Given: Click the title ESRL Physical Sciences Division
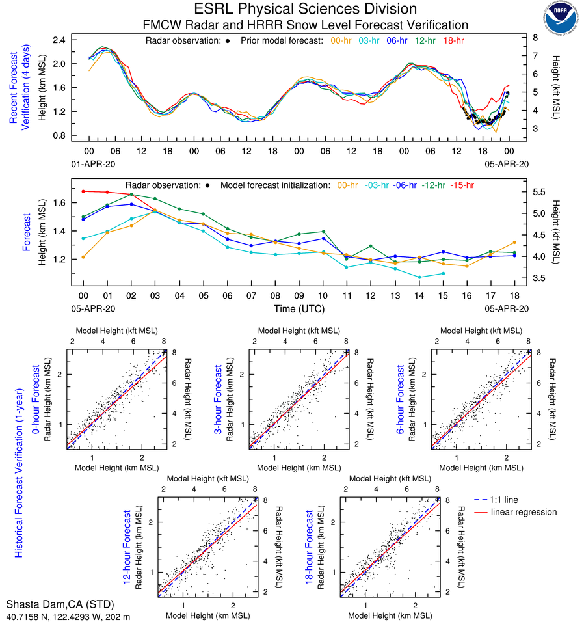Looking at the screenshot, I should pos(306,9).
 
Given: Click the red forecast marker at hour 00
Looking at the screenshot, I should pos(83,191).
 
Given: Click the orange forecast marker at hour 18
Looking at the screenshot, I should pos(514,243).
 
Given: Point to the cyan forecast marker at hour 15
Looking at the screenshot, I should pos(443,273).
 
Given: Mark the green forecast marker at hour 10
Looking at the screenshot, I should pos(323,232).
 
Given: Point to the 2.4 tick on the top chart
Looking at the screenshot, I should pos(60,40).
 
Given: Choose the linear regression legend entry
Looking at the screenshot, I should pos(524,512).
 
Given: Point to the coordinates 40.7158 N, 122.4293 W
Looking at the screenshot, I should pos(68,615).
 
